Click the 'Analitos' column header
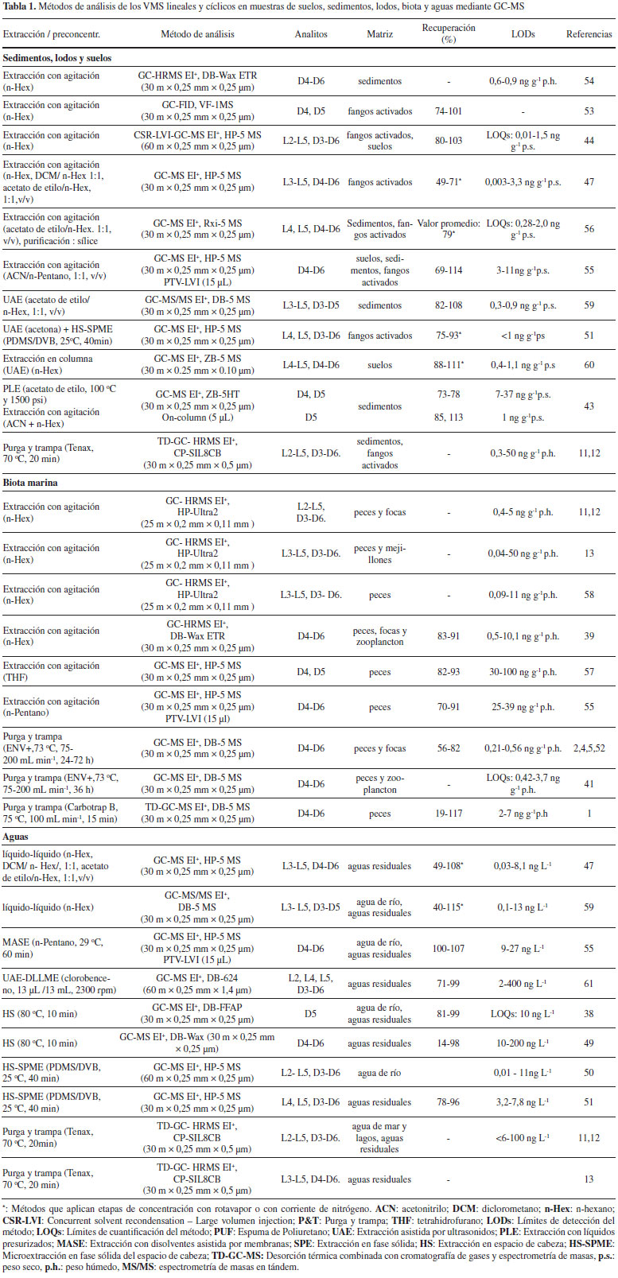[x=311, y=34]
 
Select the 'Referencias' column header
[x=589, y=34]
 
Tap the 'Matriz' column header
[x=380, y=34]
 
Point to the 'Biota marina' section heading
[x=30, y=483]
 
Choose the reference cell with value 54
[x=589, y=81]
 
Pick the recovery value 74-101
[x=449, y=111]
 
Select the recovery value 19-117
[x=449, y=814]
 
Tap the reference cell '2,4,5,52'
[x=589, y=748]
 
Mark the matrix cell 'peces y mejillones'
[x=380, y=554]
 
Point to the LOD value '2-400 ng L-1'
[x=523, y=984]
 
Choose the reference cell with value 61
[x=589, y=984]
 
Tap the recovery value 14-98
[x=449, y=1043]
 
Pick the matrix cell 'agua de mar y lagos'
[x=380, y=1138]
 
